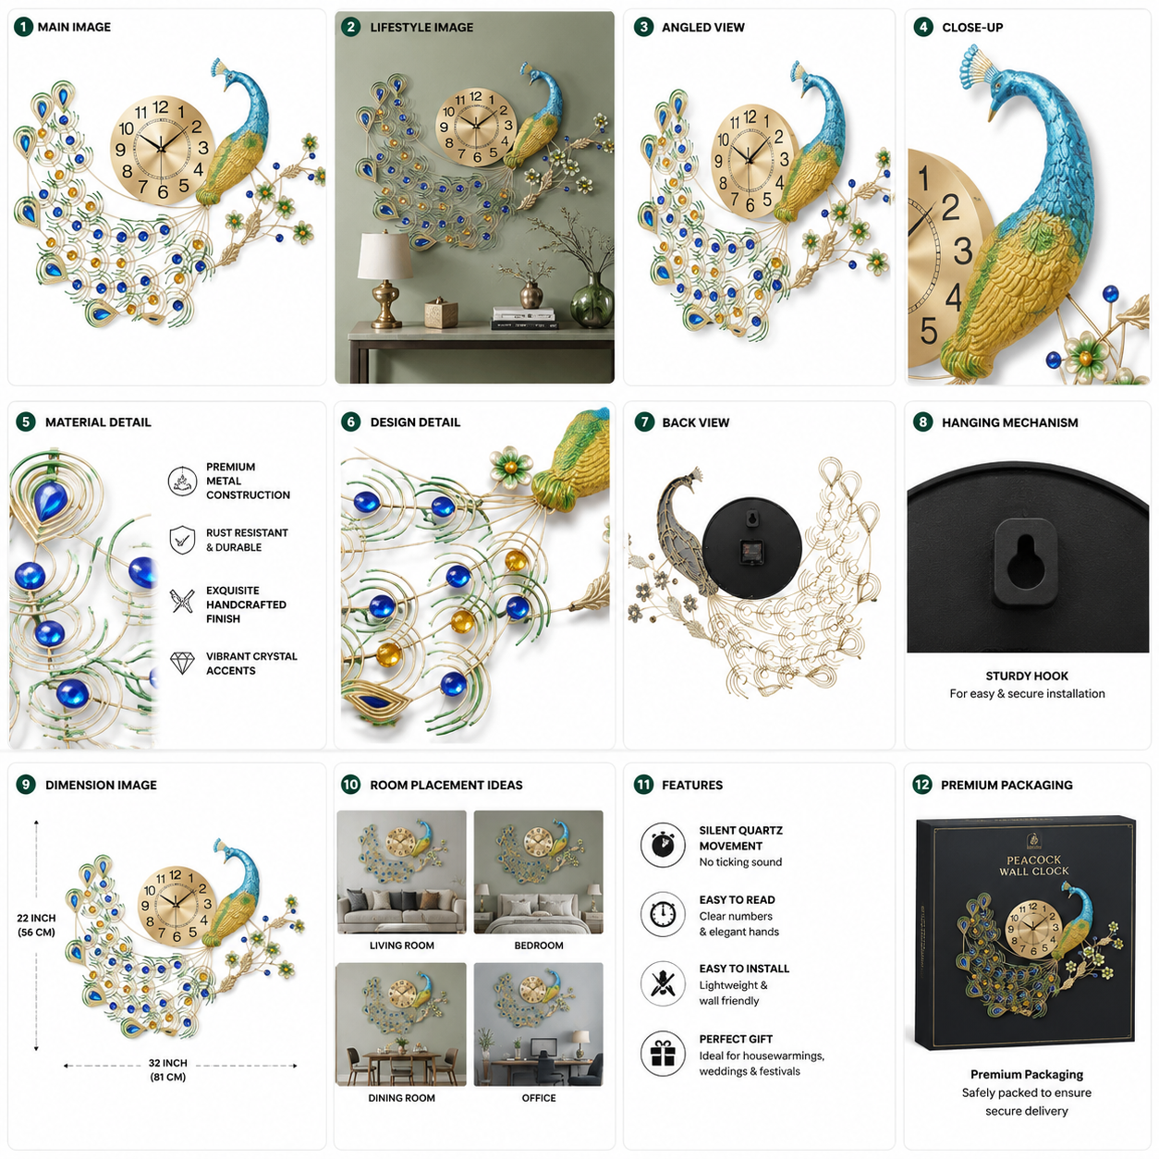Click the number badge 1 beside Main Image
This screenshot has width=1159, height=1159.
23,27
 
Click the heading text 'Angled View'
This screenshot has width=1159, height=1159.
702,27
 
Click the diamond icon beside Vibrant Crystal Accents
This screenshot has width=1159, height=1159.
182,663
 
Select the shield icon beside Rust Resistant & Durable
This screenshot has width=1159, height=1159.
182,540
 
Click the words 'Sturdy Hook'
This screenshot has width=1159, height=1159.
1027,676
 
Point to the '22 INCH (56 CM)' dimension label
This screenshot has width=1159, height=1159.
36,925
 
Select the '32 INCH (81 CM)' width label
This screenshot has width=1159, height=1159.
168,1069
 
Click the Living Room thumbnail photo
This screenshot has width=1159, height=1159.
401,872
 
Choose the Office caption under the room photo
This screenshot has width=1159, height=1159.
538,1098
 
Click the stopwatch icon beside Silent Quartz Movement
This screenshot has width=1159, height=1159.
663,845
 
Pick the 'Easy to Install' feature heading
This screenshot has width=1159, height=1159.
744,969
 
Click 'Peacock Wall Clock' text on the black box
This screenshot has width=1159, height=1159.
1034,865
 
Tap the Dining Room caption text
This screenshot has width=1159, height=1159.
401,1098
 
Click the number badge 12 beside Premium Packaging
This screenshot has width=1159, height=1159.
922,785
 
